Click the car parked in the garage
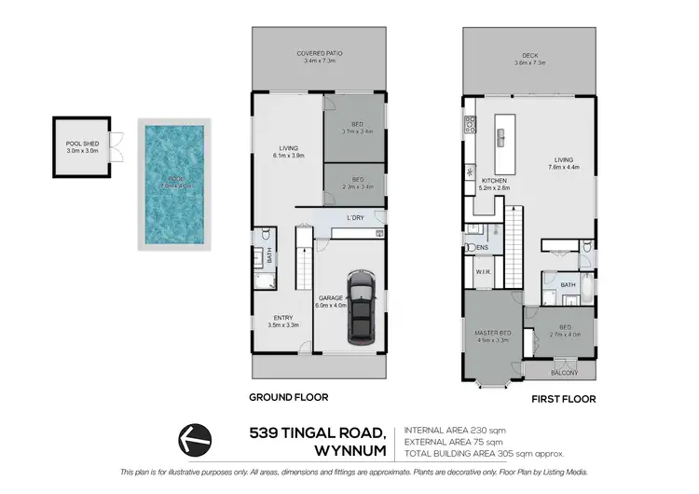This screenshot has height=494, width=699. point(361,308)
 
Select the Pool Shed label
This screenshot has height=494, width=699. point(81,144)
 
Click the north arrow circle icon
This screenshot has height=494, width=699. point(195,436)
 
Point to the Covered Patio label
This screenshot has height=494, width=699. point(320,54)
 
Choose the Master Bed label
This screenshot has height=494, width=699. point(493,337)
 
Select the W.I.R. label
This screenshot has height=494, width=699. point(483,273)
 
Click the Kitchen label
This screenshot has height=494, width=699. point(495,180)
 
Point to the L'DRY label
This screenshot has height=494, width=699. point(354,218)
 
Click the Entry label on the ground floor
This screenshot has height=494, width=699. point(283,318)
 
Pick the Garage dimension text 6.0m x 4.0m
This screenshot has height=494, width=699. point(332,304)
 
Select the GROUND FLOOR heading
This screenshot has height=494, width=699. point(288,397)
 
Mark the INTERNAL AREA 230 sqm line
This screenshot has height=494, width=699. point(455,430)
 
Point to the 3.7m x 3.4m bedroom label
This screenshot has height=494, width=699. point(354,132)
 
